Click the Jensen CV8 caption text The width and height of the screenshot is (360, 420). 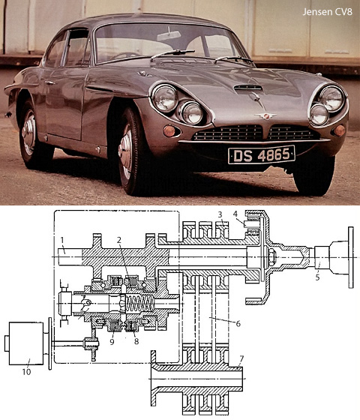click(x=327, y=12)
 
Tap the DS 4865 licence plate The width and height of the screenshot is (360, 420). click(x=262, y=154)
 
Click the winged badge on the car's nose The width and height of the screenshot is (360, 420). click(x=265, y=116)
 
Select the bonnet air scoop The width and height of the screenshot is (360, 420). click(x=248, y=88)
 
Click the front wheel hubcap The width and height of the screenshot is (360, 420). click(x=126, y=152)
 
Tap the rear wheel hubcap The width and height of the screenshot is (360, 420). click(x=29, y=133)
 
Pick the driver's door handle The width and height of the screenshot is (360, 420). click(x=49, y=82)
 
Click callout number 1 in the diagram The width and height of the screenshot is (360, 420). click(x=62, y=240)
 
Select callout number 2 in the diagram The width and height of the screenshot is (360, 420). click(x=119, y=240)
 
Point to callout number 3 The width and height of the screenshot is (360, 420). click(x=220, y=214)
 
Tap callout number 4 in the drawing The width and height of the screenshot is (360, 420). click(x=235, y=214)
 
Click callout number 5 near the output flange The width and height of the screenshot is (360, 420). click(x=317, y=277)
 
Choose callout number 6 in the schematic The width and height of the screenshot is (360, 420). click(x=238, y=323)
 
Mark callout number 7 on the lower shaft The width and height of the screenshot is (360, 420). click(x=241, y=358)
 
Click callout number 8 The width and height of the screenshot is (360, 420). click(x=136, y=341)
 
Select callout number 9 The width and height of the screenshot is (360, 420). click(x=112, y=341)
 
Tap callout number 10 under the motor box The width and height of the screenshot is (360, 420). click(x=26, y=371)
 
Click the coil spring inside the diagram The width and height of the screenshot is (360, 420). click(x=139, y=304)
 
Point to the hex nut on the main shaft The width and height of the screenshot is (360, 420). click(x=271, y=257)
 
